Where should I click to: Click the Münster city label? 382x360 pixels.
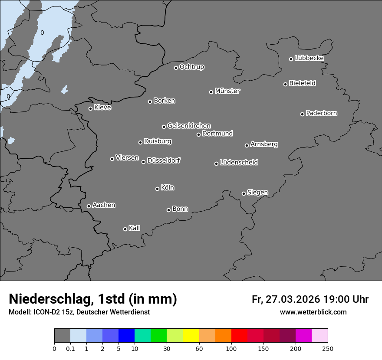[x=227, y=91]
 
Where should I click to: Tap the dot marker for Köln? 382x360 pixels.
[x=157, y=189]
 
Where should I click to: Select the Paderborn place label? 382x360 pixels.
[x=322, y=113]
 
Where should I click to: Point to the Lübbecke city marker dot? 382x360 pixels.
[x=291, y=59]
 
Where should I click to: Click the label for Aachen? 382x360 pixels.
[x=104, y=205]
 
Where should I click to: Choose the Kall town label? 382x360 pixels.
[x=135, y=228]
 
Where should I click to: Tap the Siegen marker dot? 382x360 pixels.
[x=244, y=193]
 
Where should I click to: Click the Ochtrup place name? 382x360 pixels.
[x=192, y=67]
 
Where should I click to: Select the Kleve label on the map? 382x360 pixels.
[x=102, y=108]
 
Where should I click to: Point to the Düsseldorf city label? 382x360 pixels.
[x=164, y=160]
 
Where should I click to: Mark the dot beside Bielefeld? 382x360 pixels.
[x=285, y=84]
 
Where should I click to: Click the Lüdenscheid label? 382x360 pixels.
[x=239, y=163]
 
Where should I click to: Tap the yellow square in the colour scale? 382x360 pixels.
[x=191, y=336]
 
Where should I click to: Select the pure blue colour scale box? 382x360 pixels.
[x=126, y=336]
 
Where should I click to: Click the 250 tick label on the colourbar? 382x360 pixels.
[x=328, y=348]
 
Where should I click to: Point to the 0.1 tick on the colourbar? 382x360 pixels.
[x=70, y=348]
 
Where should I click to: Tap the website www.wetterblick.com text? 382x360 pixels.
[x=313, y=312]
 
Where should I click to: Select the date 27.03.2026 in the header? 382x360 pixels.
[x=292, y=299]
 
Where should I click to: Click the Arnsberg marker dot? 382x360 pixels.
[x=247, y=145]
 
